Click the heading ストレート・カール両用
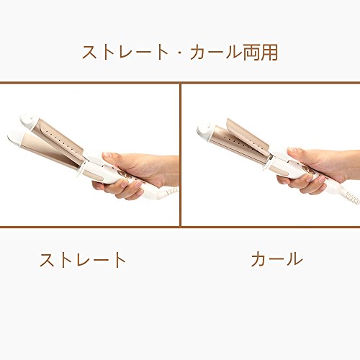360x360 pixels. pos(180,52)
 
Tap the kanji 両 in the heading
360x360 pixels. pos(252,52)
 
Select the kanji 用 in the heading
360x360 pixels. pos(270,52)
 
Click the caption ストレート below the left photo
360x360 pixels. pos(83,260)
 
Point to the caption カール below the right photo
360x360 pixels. pos(276,259)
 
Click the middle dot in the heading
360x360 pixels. pos(180,53)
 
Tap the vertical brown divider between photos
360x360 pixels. pos(180,155)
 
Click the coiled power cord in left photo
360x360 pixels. pos(171,191)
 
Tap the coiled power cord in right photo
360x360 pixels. pos(352,197)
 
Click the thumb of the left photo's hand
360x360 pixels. pos(113,158)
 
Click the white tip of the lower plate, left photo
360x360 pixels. pos(16,138)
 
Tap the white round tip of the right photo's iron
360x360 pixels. pos(204,132)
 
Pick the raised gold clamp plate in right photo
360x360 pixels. pos(247,135)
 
